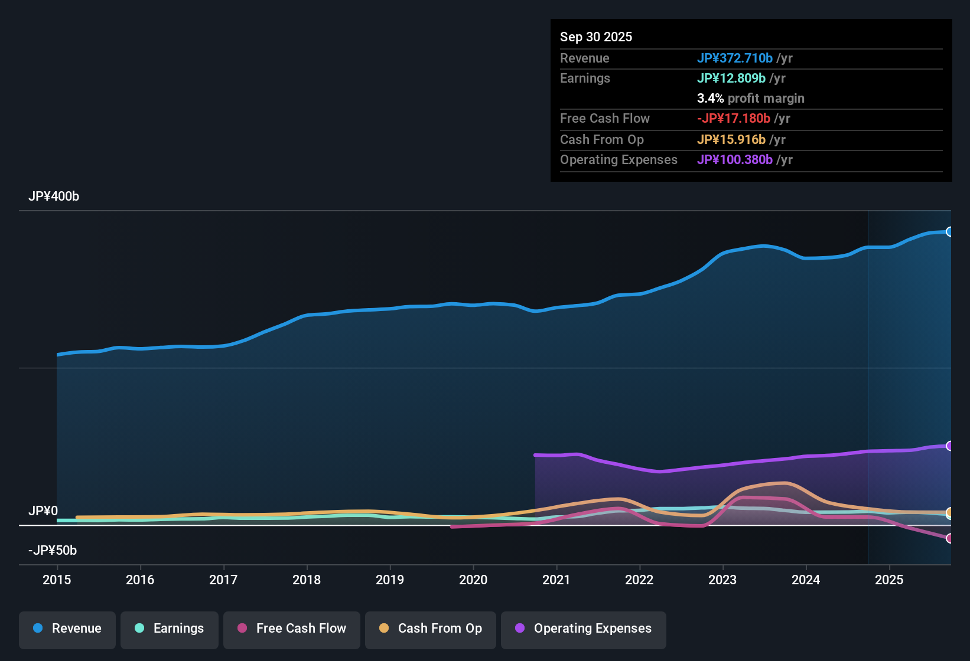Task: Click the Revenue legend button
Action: click(x=67, y=629)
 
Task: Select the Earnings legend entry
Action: click(x=170, y=629)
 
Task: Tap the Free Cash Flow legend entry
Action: click(x=292, y=629)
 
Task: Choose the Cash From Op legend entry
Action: click(x=431, y=629)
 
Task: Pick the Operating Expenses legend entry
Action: click(x=584, y=629)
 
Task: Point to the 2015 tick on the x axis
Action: click(x=57, y=580)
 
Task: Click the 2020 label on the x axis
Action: click(x=473, y=580)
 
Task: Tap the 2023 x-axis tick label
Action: click(x=722, y=580)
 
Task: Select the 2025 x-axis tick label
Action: click(x=889, y=580)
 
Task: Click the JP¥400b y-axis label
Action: click(x=54, y=197)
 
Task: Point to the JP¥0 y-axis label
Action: click(x=43, y=511)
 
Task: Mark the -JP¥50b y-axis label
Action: click(x=53, y=551)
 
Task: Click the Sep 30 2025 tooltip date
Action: click(x=596, y=37)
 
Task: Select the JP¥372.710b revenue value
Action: click(x=734, y=58)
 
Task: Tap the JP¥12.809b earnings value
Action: click(x=731, y=78)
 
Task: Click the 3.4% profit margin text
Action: click(x=750, y=99)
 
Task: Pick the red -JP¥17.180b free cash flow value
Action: click(x=733, y=119)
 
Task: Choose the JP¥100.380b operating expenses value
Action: click(x=734, y=160)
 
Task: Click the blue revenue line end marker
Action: click(x=949, y=232)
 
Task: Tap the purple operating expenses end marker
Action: click(x=949, y=446)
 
